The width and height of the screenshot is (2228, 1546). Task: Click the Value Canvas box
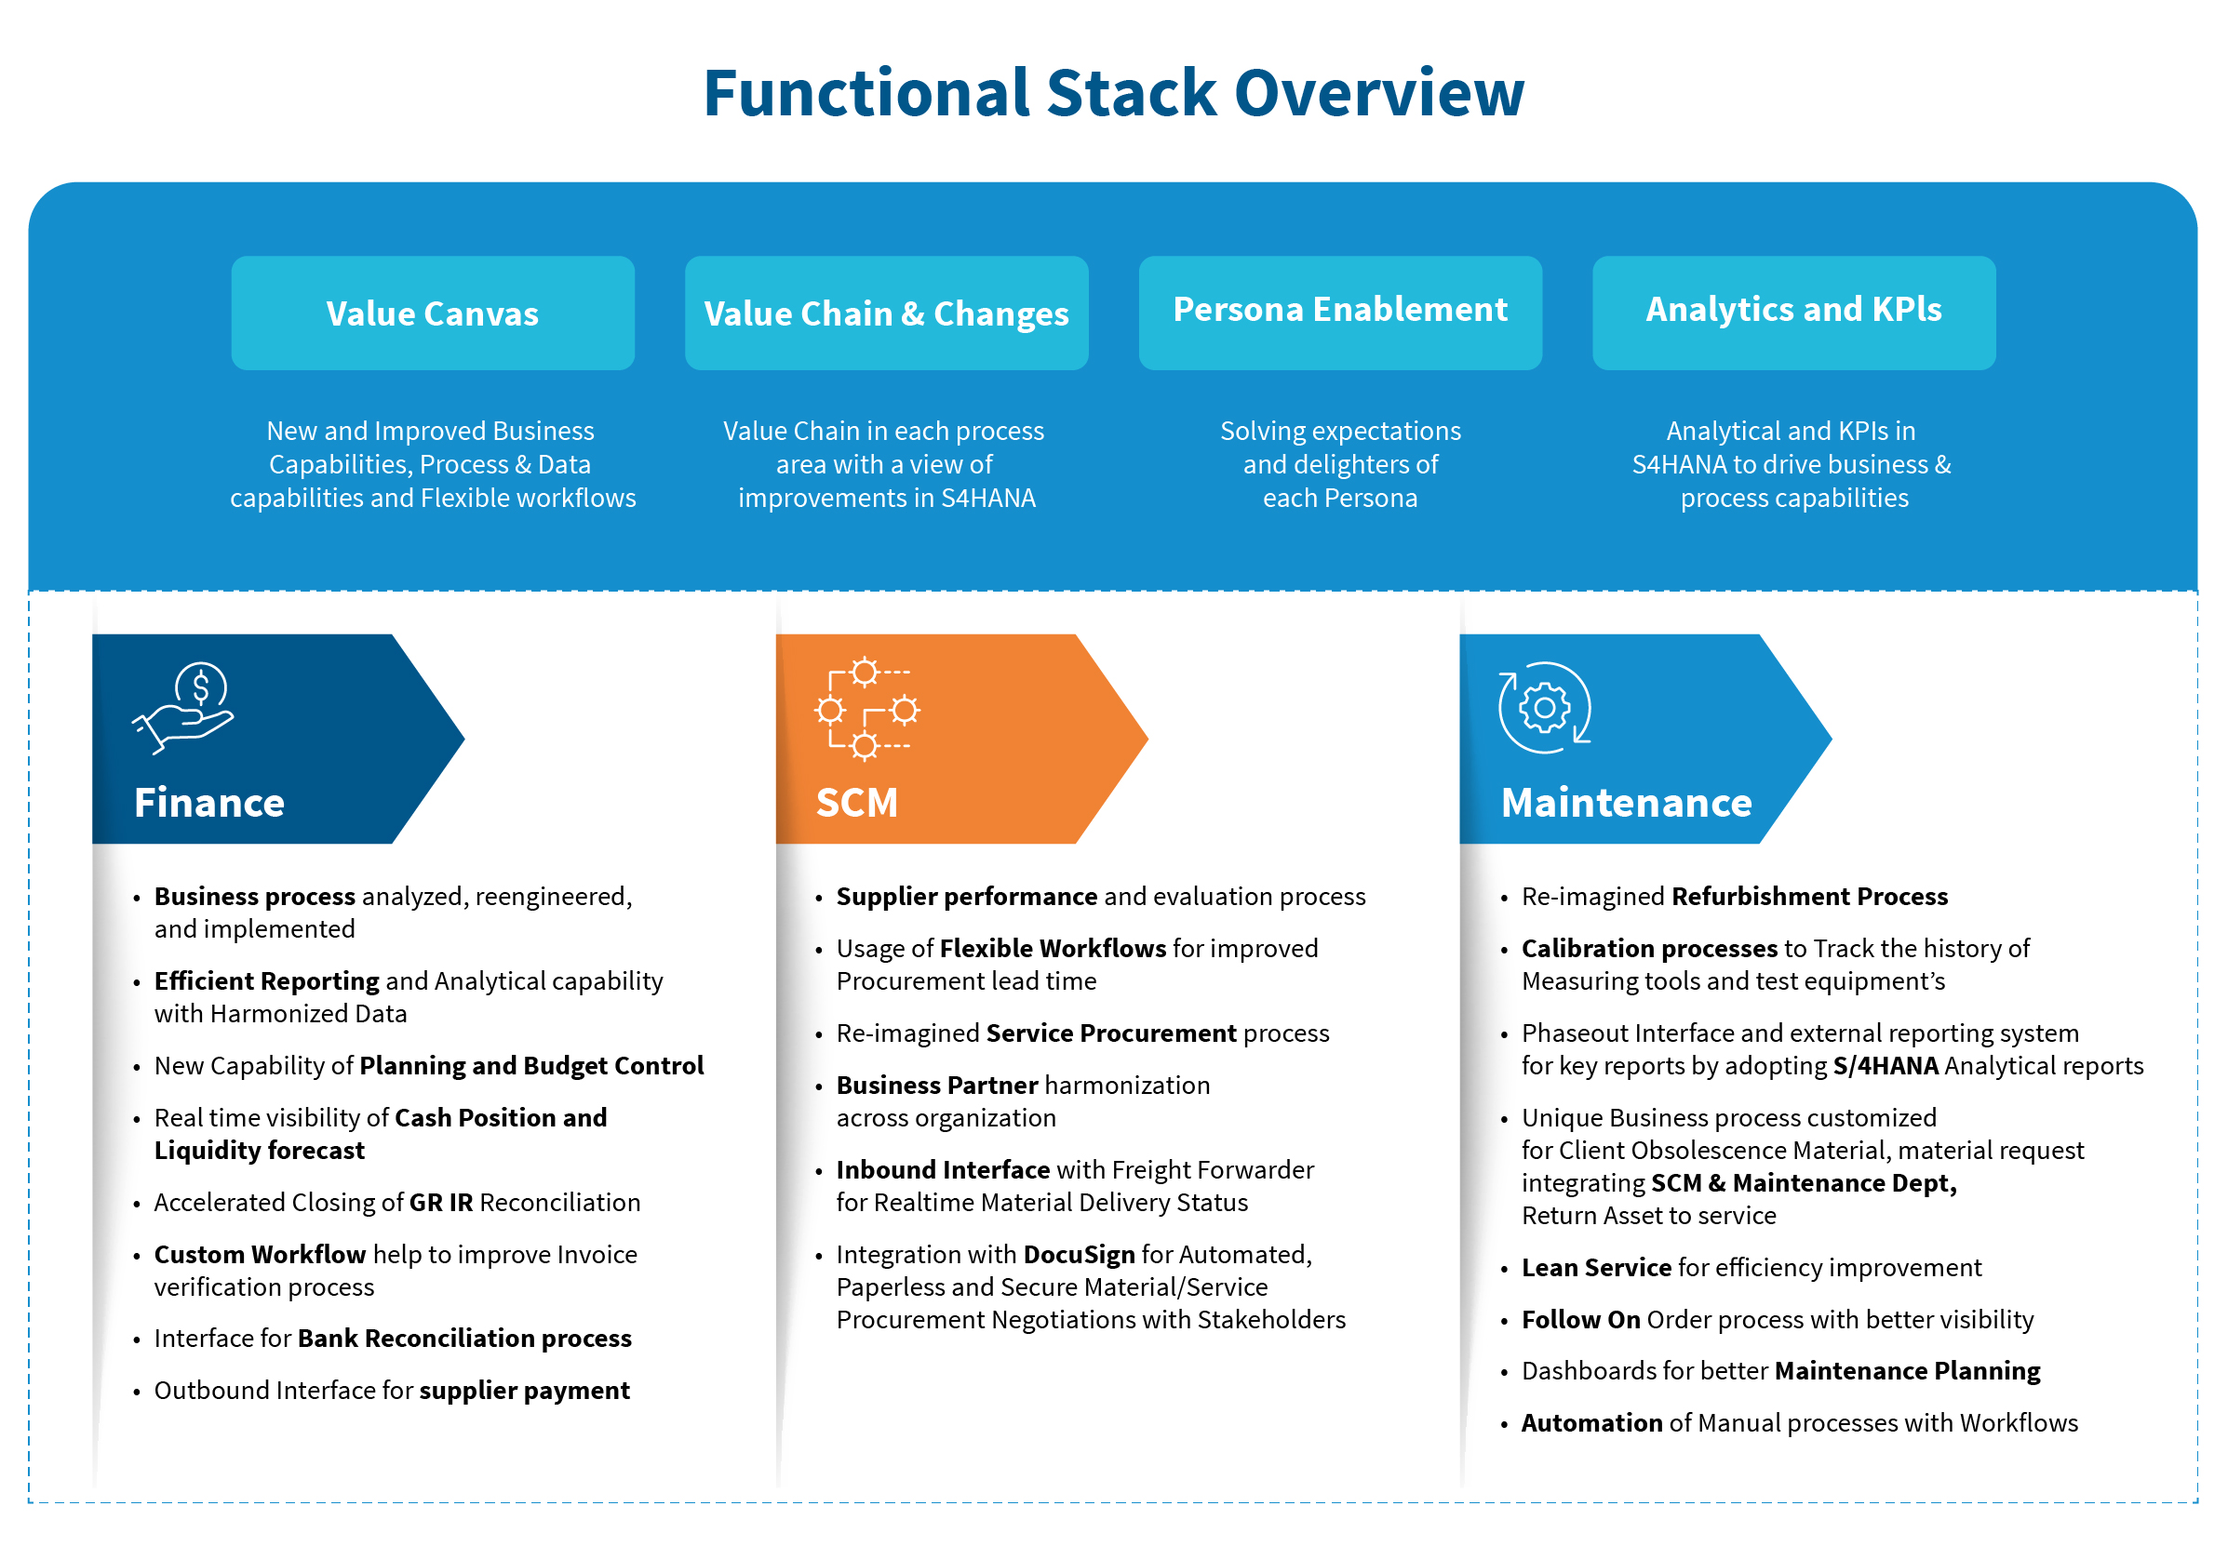(432, 313)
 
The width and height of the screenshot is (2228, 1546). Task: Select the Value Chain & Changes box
(886, 313)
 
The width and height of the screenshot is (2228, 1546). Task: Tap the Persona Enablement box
(1339, 311)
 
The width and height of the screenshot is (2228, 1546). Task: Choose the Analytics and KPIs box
(1792, 311)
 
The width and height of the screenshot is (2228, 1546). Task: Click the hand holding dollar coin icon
(184, 708)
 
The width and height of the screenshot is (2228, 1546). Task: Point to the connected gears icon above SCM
(866, 709)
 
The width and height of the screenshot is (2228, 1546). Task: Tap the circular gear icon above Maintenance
(1544, 708)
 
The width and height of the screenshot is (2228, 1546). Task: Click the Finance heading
(209, 803)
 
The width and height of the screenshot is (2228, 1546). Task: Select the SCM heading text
(857, 803)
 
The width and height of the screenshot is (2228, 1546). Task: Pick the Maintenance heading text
(1626, 803)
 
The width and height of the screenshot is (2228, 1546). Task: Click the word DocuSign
(1079, 1255)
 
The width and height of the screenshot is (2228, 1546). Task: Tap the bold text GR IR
(441, 1202)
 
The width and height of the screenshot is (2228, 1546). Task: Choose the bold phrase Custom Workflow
(260, 1255)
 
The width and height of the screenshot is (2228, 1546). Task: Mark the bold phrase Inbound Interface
(943, 1170)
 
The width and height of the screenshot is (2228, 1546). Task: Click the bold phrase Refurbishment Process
(1809, 896)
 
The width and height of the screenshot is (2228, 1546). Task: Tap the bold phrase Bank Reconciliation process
(464, 1339)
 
